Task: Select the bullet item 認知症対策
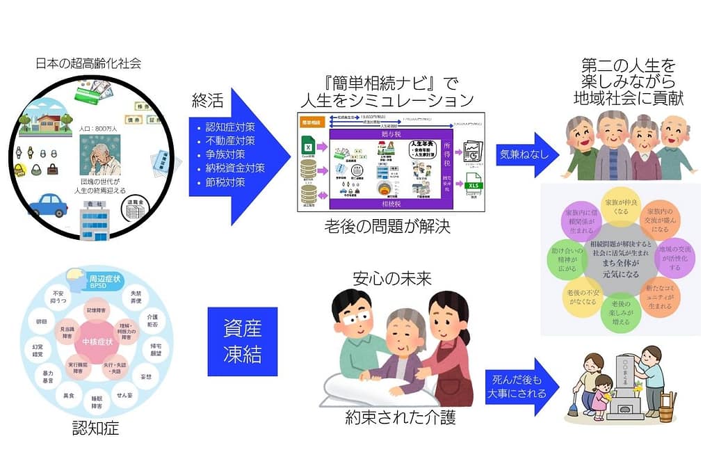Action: click(x=229, y=127)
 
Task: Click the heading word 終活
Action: click(x=207, y=102)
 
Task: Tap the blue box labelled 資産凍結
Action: click(x=242, y=341)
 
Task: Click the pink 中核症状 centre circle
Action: click(x=95, y=341)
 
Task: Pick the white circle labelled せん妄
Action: click(x=125, y=396)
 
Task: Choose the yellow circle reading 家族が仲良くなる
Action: click(x=621, y=206)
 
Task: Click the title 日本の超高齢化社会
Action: click(x=88, y=63)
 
